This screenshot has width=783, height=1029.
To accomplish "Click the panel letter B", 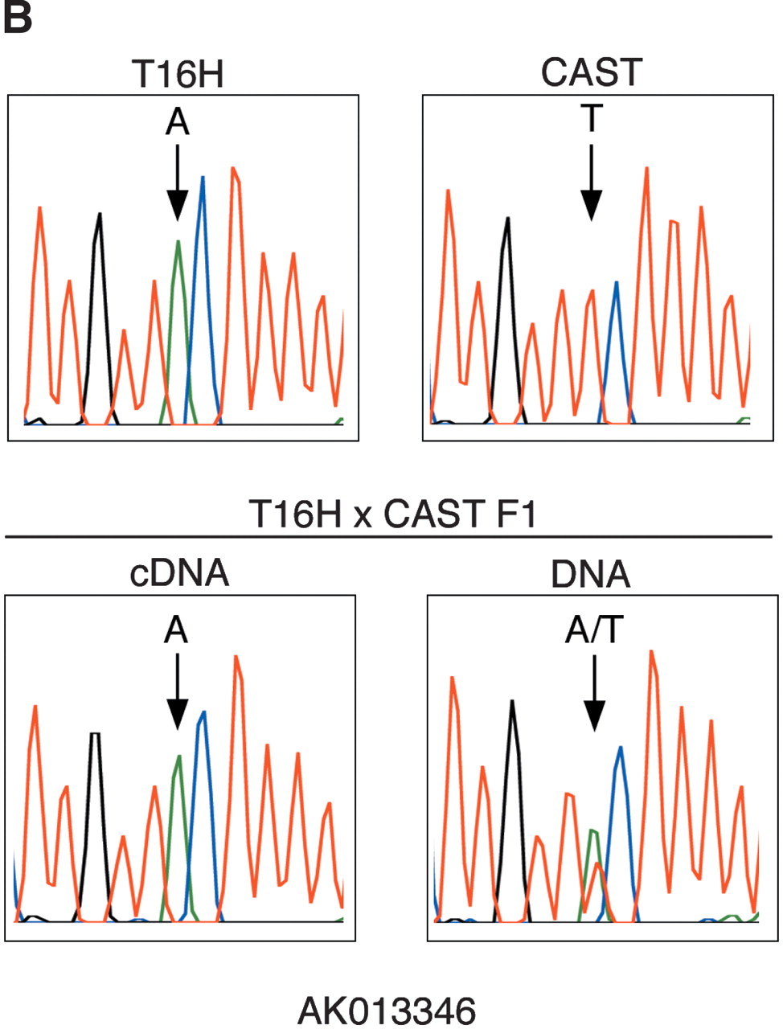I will (x=17, y=18).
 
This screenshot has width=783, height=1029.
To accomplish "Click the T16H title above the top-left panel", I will (x=178, y=75).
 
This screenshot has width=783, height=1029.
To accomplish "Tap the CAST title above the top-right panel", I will (x=592, y=72).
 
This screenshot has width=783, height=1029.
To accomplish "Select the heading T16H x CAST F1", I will (x=392, y=514).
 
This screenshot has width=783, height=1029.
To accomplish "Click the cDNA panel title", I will (x=179, y=573).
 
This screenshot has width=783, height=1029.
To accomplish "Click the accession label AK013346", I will (x=387, y=1011).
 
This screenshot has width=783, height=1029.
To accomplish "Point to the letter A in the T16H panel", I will (x=177, y=122).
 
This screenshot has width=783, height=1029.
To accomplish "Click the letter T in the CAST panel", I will (x=592, y=119).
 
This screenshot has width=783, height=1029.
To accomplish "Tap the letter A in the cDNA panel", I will (x=176, y=631).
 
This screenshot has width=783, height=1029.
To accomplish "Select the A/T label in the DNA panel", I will (x=594, y=631).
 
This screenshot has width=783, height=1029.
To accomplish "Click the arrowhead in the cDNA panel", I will (x=177, y=715).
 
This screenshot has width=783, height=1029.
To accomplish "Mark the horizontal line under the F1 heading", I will (x=389, y=536).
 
